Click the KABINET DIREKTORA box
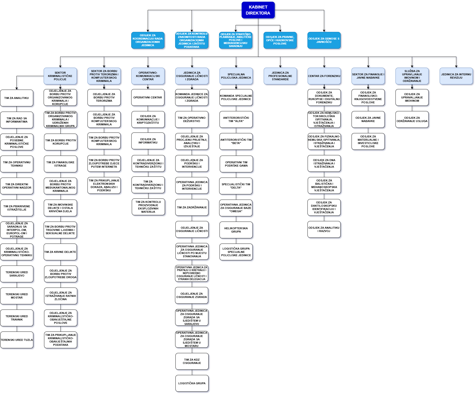[258, 10]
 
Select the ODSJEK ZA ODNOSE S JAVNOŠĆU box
[324, 40]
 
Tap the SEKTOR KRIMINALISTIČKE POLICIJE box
[60, 76]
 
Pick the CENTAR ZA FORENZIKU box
[324, 76]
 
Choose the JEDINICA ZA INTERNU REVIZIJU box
[456, 76]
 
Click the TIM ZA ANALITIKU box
[16, 98]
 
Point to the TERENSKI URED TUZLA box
[17, 340]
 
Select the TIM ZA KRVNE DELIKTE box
[60, 252]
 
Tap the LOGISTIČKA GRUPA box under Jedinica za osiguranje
[192, 383]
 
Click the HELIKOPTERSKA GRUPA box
[236, 230]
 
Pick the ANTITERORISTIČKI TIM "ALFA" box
[236, 120]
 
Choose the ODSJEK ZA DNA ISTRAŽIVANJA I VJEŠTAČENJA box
[324, 164]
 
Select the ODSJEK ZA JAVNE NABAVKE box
[368, 120]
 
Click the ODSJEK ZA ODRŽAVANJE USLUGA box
[412, 120]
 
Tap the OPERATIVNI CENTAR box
[148, 98]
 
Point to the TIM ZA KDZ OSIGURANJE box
[192, 361]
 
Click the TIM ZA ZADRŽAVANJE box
[192, 208]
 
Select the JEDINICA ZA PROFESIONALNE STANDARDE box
[280, 76]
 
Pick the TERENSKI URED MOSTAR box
[17, 296]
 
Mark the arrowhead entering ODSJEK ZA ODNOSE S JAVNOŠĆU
[324, 31]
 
